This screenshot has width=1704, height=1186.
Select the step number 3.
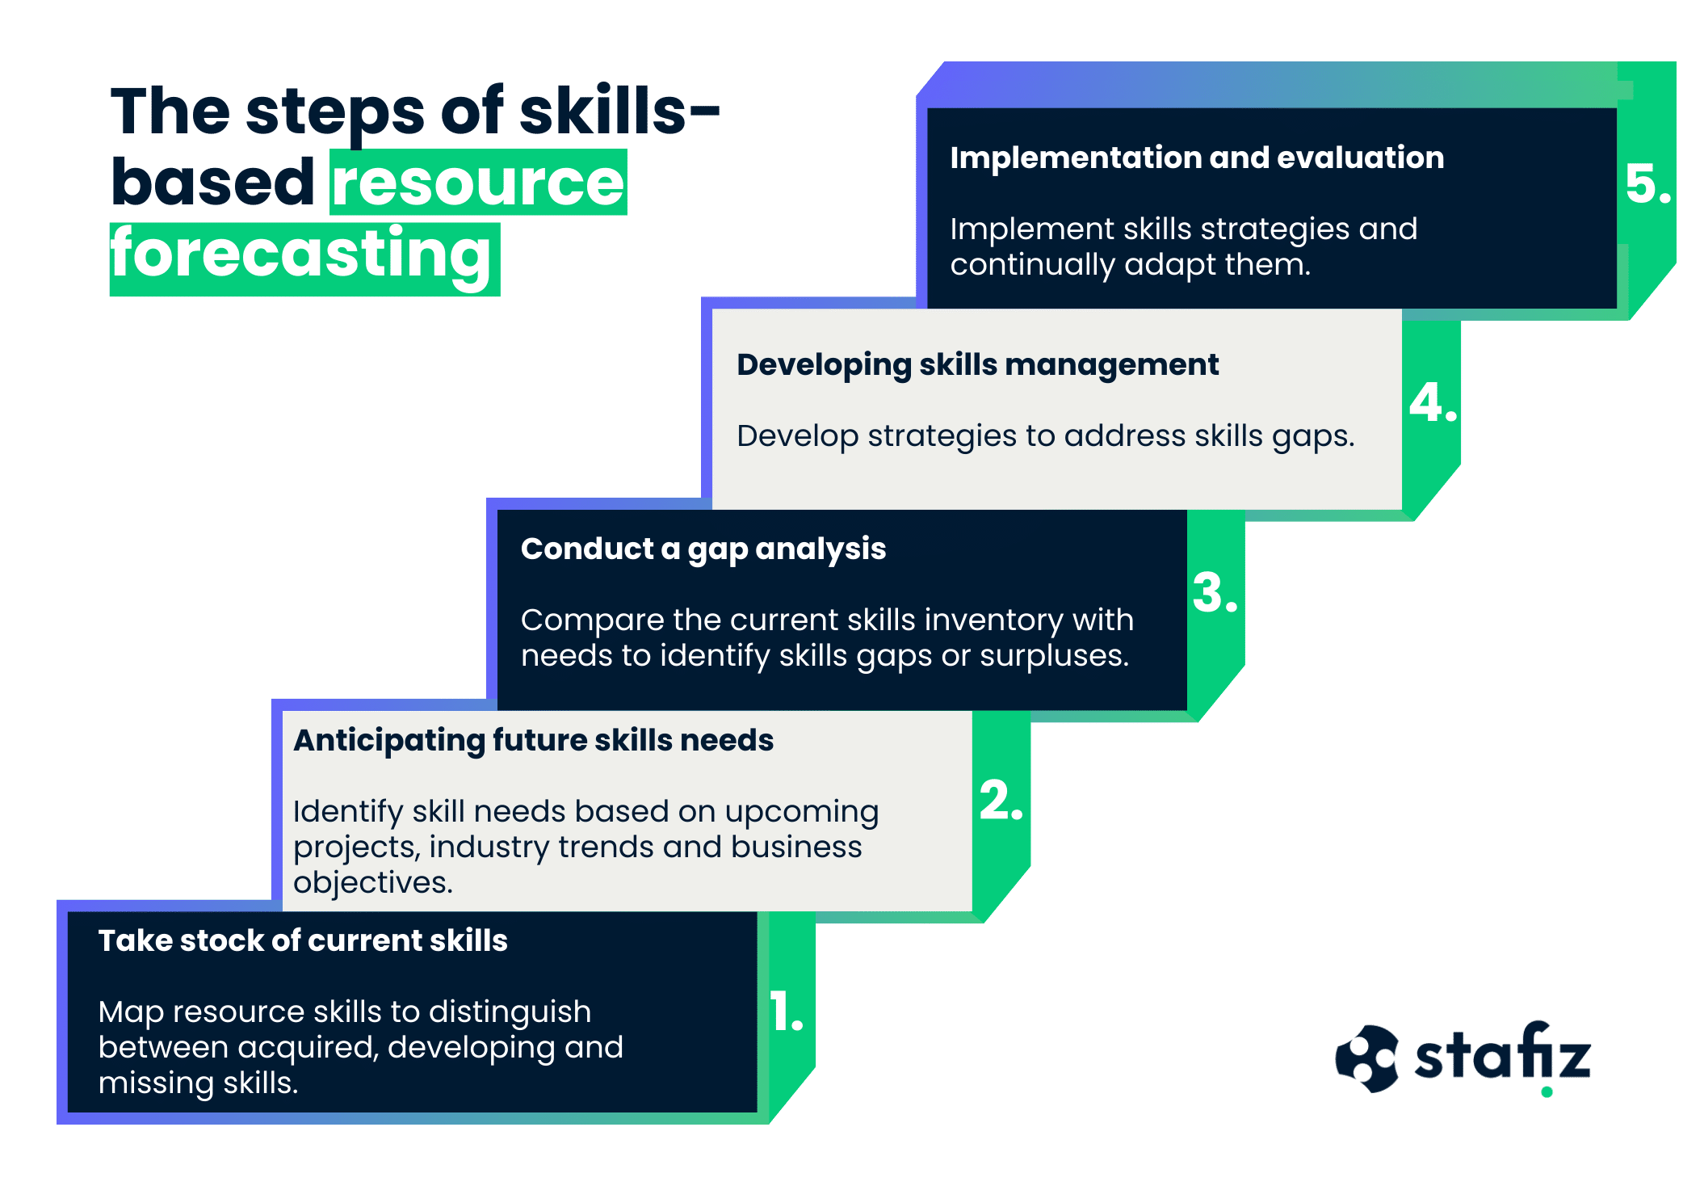(1215, 593)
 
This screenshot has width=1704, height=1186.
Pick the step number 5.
(1647, 184)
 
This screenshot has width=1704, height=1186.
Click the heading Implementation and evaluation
(1197, 158)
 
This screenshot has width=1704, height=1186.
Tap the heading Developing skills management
(977, 365)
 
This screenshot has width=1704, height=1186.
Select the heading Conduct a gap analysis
(703, 549)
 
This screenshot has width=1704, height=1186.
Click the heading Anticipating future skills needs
(533, 741)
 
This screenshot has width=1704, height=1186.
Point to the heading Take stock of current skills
(303, 941)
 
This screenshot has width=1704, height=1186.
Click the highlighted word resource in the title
(478, 183)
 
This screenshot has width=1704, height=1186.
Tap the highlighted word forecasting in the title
(300, 254)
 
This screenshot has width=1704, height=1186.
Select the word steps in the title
(334, 113)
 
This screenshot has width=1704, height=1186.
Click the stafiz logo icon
(1366, 1058)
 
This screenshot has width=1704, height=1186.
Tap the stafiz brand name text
(1502, 1055)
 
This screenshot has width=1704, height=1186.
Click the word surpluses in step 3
(1054, 656)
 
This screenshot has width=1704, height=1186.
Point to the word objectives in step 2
(372, 883)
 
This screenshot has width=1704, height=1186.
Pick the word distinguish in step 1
(510, 1012)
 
